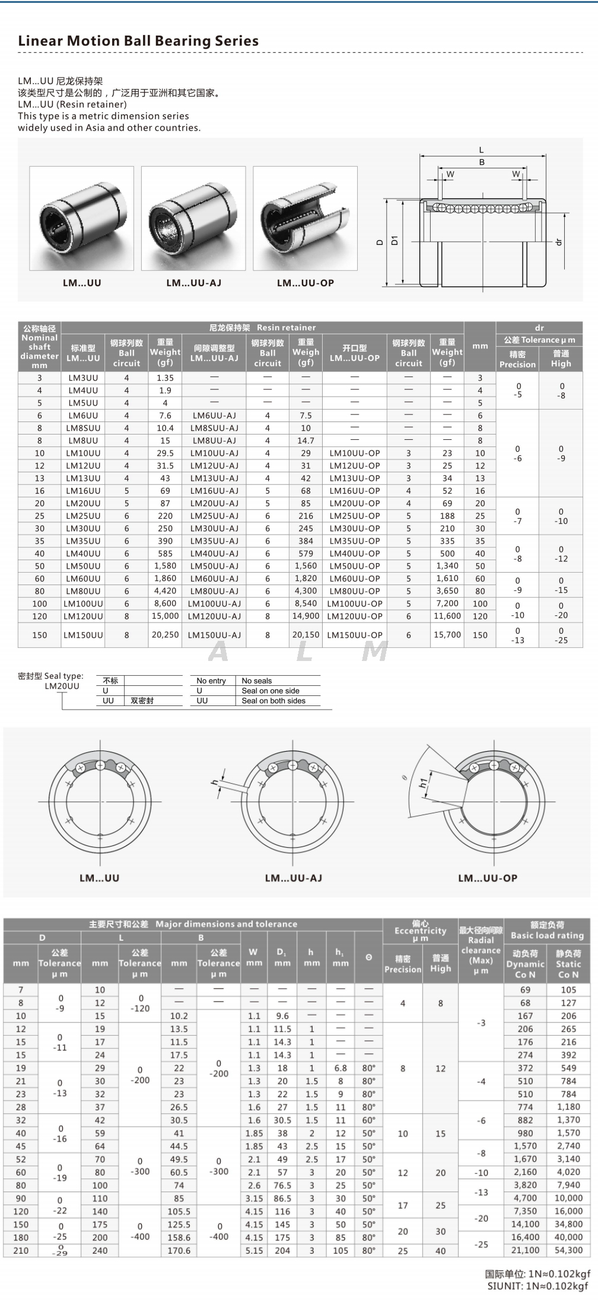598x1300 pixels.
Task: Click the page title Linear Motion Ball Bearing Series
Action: pyautogui.click(x=138, y=41)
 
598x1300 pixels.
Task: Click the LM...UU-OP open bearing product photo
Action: pyautogui.click(x=305, y=218)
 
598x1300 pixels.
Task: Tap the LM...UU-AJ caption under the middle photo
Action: pyautogui.click(x=193, y=283)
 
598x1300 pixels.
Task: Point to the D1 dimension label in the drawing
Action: pyautogui.click(x=395, y=240)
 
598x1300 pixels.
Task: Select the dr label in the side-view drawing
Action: pyautogui.click(x=558, y=242)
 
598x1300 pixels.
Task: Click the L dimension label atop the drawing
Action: pyautogui.click(x=481, y=150)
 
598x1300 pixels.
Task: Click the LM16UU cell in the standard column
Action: pyautogui.click(x=83, y=491)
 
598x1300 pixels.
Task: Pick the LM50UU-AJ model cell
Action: pyautogui.click(x=214, y=566)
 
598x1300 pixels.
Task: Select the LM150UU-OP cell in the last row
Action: pyautogui.click(x=355, y=635)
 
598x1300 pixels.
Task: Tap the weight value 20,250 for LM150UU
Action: pyautogui.click(x=165, y=634)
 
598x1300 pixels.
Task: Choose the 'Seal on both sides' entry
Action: pyautogui.click(x=273, y=701)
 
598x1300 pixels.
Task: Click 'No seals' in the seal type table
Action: pyautogui.click(x=257, y=681)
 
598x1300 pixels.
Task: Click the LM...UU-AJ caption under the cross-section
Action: pyautogui.click(x=293, y=878)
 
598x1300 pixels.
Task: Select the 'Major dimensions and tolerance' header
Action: pyautogui.click(x=193, y=924)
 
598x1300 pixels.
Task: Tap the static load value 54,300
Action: pyautogui.click(x=568, y=1250)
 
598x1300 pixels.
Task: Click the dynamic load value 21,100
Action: pyautogui.click(x=526, y=1250)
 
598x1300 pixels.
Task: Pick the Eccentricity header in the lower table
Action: pyautogui.click(x=420, y=931)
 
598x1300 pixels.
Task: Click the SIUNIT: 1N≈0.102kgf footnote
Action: pyautogui.click(x=539, y=1286)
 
